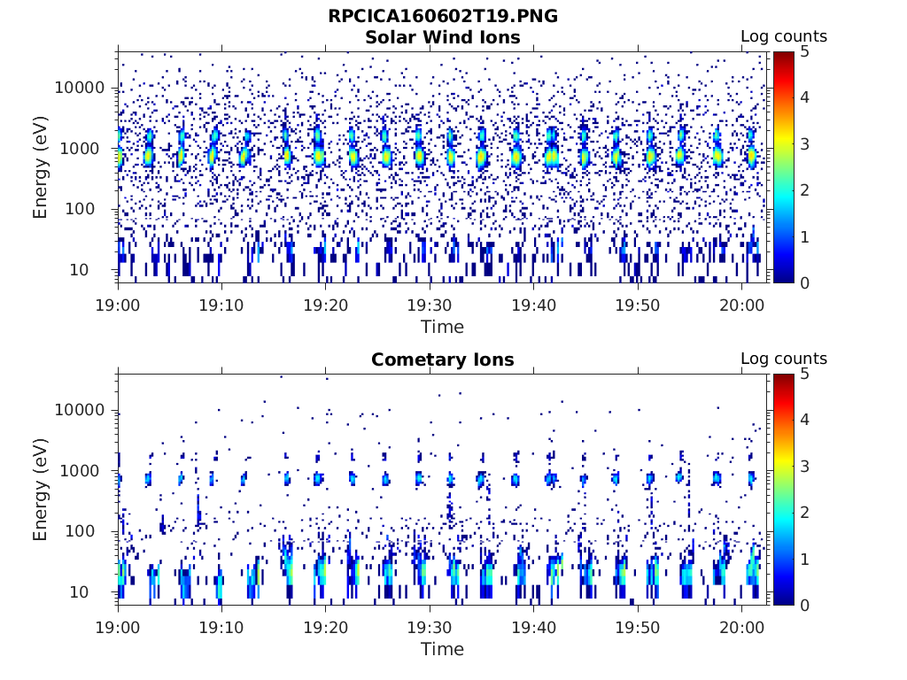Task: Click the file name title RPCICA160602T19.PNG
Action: pyautogui.click(x=443, y=16)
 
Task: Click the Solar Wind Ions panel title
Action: pyautogui.click(x=443, y=37)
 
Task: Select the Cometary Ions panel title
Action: pyautogui.click(x=443, y=359)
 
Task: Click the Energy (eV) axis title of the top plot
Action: pyautogui.click(x=41, y=167)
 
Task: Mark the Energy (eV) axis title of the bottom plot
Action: pyautogui.click(x=41, y=490)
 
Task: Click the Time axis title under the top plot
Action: pyautogui.click(x=442, y=327)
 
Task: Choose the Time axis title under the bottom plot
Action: pyautogui.click(x=442, y=649)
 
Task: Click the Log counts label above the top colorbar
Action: pyautogui.click(x=784, y=36)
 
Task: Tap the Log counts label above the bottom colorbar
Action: pyautogui.click(x=784, y=359)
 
